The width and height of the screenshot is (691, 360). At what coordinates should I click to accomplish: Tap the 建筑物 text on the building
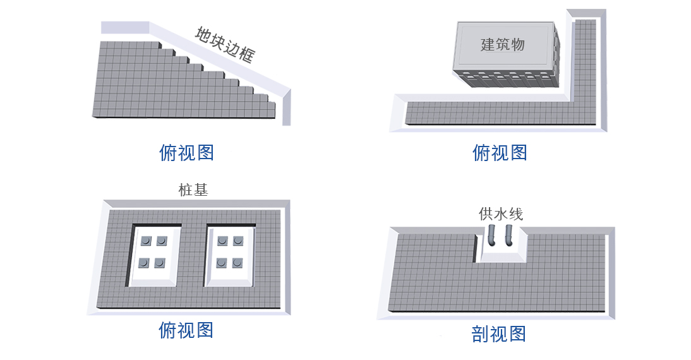point(502,44)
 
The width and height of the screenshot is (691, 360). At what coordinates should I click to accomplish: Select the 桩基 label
point(193,190)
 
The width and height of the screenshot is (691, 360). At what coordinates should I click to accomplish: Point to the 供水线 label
point(501,214)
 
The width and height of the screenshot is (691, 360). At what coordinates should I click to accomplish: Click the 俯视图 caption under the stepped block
point(186,153)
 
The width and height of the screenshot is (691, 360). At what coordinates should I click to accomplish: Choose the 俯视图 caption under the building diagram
point(500,153)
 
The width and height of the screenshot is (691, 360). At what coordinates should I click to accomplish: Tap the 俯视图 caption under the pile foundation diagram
point(186,330)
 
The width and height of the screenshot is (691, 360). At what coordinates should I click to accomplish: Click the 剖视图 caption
point(499,334)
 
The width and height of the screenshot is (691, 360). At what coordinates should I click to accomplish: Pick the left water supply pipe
point(492,236)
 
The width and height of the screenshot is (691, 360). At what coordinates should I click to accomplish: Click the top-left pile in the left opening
point(146,241)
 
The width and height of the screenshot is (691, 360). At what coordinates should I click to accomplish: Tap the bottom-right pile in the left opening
point(159,263)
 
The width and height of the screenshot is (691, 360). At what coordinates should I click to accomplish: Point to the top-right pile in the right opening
point(238,241)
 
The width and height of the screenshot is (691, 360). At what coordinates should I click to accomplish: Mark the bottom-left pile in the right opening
point(222,263)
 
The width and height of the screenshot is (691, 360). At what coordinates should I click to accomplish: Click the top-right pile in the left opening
point(162,241)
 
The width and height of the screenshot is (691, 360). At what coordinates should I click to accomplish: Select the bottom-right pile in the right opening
point(237,263)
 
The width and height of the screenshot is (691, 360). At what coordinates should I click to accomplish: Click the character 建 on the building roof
point(488,44)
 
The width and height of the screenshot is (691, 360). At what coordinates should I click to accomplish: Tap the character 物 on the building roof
point(518,44)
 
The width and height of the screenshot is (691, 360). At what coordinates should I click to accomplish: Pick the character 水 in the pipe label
point(501,214)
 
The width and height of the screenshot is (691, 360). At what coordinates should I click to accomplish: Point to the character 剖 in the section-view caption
point(480,334)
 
